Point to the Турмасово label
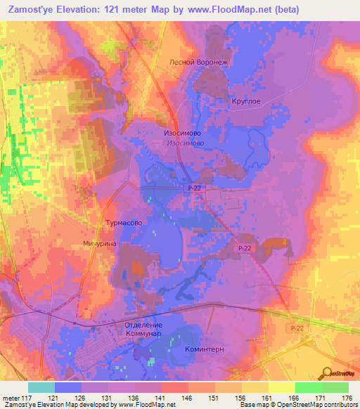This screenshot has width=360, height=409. (124, 223)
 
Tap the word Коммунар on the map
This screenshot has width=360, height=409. (143, 334)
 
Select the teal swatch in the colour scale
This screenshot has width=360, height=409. (41, 387)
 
